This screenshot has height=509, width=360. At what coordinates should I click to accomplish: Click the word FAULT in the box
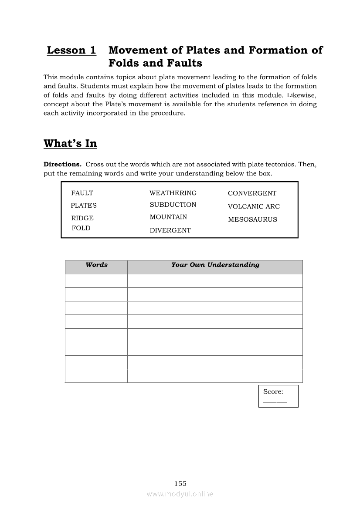82,193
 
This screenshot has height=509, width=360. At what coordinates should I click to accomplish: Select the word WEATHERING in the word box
173,193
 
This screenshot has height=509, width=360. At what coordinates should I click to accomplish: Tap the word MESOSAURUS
252,219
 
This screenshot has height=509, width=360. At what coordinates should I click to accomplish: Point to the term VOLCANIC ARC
254,206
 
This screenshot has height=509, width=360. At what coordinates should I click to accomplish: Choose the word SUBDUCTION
173,205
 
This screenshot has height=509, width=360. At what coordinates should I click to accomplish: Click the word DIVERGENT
170,230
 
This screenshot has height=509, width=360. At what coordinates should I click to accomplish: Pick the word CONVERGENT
252,193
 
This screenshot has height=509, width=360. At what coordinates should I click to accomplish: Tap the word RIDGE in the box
82,218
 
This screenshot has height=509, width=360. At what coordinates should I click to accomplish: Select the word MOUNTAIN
168,217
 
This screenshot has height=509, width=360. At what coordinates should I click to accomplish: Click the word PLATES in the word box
84,206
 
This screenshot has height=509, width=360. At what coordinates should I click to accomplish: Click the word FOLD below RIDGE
81,228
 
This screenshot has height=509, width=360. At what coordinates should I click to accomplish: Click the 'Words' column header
96,265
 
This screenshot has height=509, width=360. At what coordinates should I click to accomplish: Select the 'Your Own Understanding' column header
215,265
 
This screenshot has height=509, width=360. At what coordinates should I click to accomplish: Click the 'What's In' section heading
70,144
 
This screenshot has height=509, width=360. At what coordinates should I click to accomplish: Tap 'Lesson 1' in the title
71,51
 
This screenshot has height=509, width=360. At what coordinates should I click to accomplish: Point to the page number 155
180,483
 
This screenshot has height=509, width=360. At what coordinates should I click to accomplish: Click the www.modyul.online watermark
180,494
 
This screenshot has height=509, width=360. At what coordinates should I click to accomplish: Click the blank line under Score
275,402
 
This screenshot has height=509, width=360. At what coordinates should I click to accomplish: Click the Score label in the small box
273,392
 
